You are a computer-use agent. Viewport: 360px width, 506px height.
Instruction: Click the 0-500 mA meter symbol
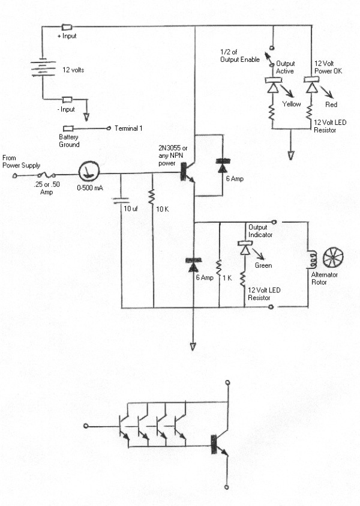coord(88,172)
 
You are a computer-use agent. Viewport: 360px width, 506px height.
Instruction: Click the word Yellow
coord(292,104)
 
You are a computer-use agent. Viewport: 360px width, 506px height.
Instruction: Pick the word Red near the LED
coord(331,104)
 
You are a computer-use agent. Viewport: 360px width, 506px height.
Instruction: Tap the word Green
coord(263,265)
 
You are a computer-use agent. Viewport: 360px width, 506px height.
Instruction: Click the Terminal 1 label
coord(129,128)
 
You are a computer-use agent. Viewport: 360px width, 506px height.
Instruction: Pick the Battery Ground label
coord(70,140)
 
